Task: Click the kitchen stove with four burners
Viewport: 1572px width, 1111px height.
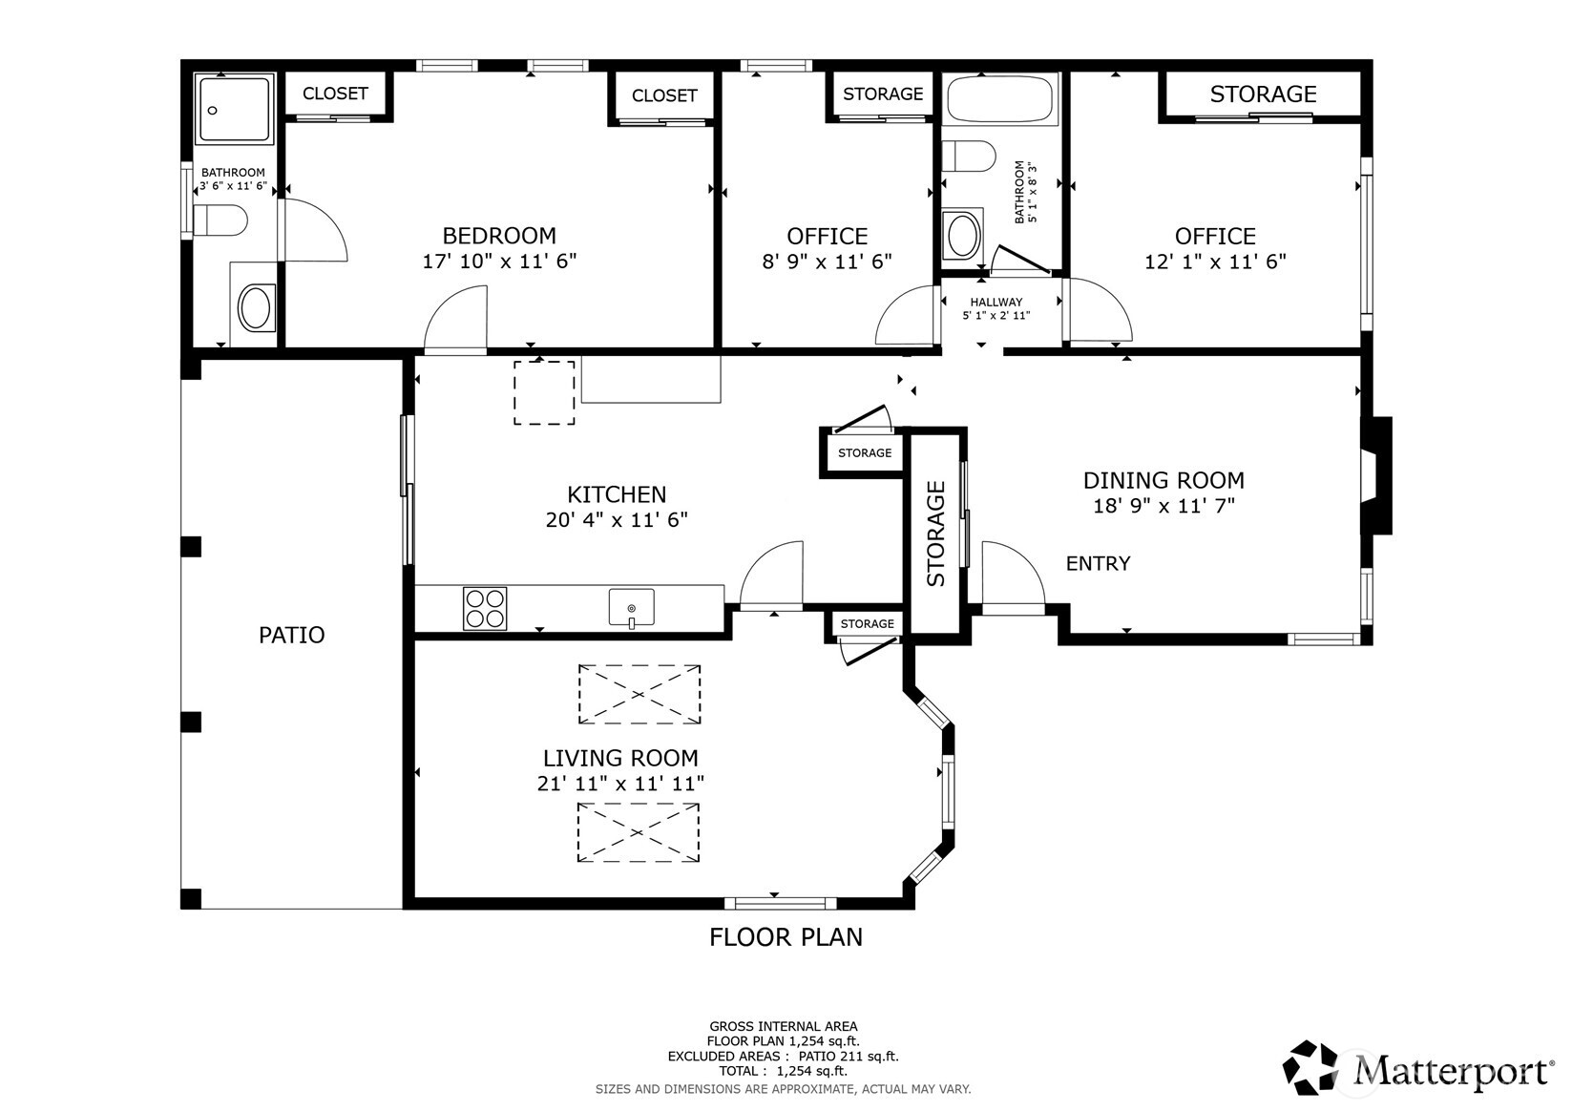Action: pyautogui.click(x=485, y=608)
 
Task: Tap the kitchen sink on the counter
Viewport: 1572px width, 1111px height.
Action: pyautogui.click(x=632, y=608)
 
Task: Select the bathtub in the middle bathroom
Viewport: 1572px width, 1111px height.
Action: pyautogui.click(x=999, y=99)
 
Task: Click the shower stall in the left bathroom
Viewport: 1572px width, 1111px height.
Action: pyautogui.click(x=234, y=110)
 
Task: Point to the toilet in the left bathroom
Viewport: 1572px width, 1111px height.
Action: pyautogui.click(x=220, y=220)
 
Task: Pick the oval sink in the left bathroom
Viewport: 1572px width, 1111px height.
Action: pyautogui.click(x=256, y=307)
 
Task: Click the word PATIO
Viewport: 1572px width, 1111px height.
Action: pyautogui.click(x=292, y=635)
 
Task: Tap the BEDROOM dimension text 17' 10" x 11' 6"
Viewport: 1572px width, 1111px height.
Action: pyautogui.click(x=499, y=262)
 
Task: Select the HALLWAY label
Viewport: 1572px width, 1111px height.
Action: pyautogui.click(x=996, y=302)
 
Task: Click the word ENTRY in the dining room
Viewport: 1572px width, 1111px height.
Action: pyautogui.click(x=1099, y=563)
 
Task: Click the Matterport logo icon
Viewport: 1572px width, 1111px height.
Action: pyautogui.click(x=1310, y=1067)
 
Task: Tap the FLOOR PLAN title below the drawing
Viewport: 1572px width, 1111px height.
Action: pyautogui.click(x=786, y=937)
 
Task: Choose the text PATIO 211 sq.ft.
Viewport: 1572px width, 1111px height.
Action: pyautogui.click(x=849, y=1057)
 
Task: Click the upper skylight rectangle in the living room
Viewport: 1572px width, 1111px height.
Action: pyautogui.click(x=639, y=694)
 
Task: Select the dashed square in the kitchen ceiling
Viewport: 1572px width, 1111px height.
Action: pyautogui.click(x=545, y=393)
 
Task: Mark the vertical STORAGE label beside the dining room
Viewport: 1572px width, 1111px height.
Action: pyautogui.click(x=936, y=534)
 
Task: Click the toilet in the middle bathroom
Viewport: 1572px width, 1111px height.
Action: pyautogui.click(x=969, y=156)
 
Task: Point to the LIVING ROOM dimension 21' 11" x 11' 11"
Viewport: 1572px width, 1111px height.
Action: pyautogui.click(x=621, y=784)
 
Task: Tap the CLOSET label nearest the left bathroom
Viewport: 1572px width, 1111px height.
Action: pyautogui.click(x=335, y=94)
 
